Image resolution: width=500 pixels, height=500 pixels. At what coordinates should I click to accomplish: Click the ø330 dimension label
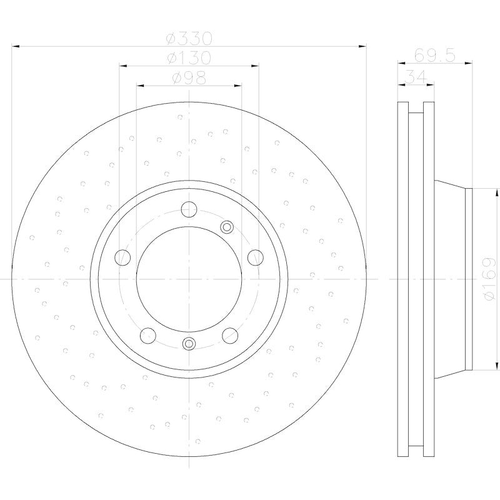tap(189, 38)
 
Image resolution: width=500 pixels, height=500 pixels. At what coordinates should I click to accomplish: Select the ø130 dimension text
tap(189, 58)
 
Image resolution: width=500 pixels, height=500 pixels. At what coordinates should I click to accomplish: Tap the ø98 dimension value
tap(189, 78)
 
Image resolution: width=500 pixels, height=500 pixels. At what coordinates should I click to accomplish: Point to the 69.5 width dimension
tap(434, 55)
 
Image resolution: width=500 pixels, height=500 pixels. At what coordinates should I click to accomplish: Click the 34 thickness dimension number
tap(412, 77)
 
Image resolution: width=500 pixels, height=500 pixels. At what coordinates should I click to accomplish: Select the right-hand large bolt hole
tap(255, 257)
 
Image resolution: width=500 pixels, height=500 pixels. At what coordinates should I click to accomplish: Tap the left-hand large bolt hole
tap(123, 257)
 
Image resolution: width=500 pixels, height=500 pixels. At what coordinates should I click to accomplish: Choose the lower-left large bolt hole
tap(148, 335)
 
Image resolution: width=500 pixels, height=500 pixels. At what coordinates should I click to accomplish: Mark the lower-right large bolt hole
tap(230, 335)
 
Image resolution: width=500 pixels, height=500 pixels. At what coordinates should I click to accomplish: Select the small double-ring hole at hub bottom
tap(189, 342)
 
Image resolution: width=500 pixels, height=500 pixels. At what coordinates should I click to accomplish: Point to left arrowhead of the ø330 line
tap(14, 46)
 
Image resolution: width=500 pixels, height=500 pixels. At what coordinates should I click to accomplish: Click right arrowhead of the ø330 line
tap(364, 46)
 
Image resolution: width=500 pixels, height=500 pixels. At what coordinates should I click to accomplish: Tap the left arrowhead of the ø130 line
tap(122, 65)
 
